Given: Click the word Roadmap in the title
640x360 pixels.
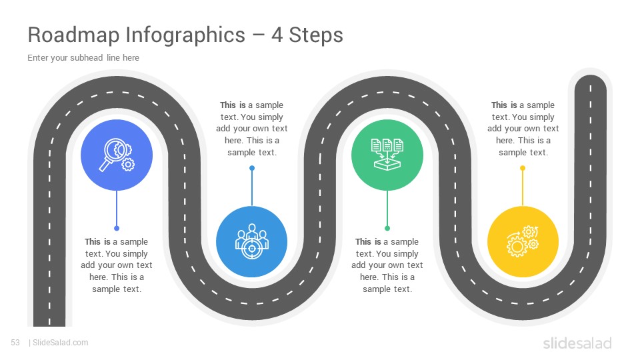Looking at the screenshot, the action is (x=73, y=35).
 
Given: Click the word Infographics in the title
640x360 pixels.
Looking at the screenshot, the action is (x=185, y=35).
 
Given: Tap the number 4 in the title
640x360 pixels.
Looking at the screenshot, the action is (x=277, y=35).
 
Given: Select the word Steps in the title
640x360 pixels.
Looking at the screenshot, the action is (x=316, y=35).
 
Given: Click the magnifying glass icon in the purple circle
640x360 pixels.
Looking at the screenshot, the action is (x=117, y=155).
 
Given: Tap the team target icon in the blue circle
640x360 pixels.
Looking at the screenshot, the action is (x=252, y=241).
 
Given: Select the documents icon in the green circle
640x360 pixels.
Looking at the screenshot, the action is (x=387, y=154).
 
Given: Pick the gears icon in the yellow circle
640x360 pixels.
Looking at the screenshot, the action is (x=523, y=241).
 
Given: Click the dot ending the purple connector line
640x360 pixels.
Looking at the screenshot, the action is (x=117, y=228).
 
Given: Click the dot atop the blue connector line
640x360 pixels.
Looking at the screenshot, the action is (x=252, y=168).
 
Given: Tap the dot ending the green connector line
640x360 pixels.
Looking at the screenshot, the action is (x=387, y=228).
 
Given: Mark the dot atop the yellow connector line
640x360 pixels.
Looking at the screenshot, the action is (x=523, y=168).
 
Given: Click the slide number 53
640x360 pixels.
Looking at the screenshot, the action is (x=15, y=343).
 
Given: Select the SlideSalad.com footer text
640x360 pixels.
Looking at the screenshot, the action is (x=61, y=343).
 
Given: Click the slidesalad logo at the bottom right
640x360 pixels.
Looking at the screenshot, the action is (x=577, y=343).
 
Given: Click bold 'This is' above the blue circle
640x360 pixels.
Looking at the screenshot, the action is (x=233, y=105).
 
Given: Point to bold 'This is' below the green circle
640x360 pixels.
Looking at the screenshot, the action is (x=368, y=241).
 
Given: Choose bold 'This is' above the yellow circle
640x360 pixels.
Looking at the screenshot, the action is (x=504, y=105).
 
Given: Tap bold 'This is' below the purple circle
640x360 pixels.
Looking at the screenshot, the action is (x=97, y=241).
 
